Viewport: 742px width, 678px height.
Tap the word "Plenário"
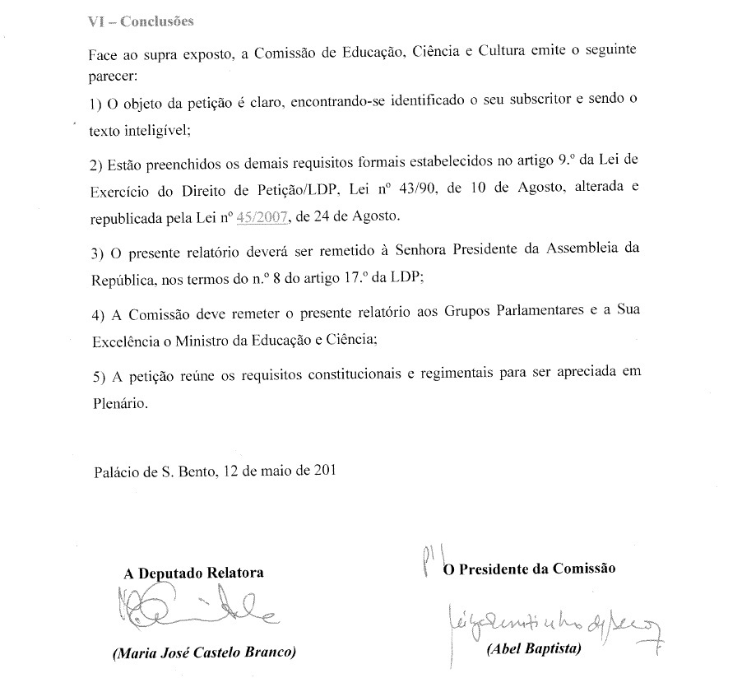tap(120, 404)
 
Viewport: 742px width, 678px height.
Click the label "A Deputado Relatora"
tap(194, 574)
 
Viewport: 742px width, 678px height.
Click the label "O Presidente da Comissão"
tap(529, 569)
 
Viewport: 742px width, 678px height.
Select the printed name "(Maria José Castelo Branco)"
tap(203, 653)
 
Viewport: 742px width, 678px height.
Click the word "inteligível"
tap(160, 129)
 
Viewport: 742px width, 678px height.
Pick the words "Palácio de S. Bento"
tap(152, 472)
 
